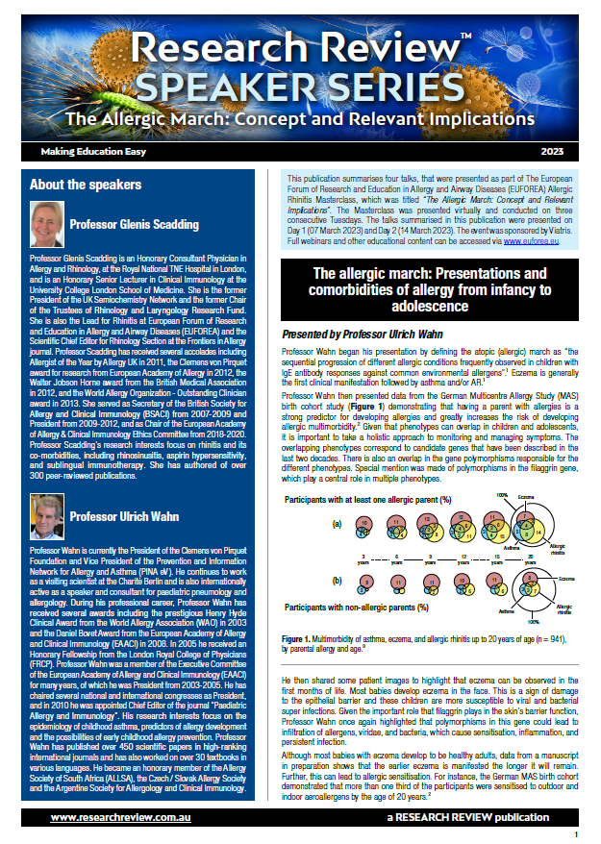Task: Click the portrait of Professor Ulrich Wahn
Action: pyautogui.click(x=46, y=517)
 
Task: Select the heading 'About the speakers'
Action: pyautogui.click(x=86, y=184)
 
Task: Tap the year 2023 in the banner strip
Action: pyautogui.click(x=553, y=152)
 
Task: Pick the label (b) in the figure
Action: pyautogui.click(x=337, y=580)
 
